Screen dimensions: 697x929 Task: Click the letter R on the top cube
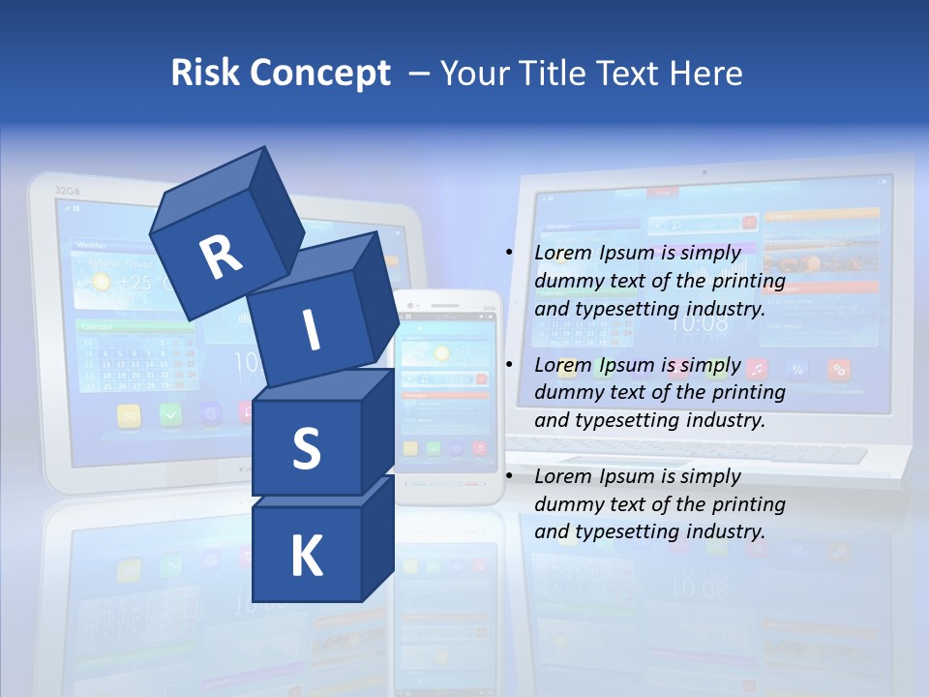(x=221, y=256)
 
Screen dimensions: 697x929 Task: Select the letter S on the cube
(x=306, y=448)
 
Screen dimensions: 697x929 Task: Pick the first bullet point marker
(x=509, y=253)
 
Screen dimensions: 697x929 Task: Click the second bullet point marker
(x=509, y=365)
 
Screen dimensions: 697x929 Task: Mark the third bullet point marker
(x=509, y=476)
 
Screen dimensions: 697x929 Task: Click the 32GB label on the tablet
(x=67, y=190)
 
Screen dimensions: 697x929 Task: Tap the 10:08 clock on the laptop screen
(x=698, y=322)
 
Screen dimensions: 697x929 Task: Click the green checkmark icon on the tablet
(x=171, y=415)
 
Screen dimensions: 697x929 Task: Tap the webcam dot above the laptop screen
(x=704, y=172)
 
